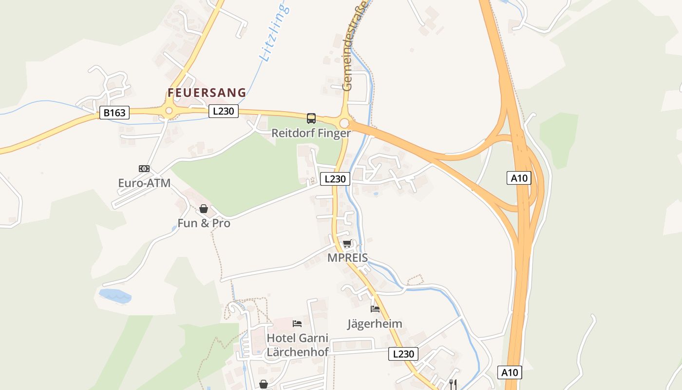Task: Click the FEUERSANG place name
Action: point(207,93)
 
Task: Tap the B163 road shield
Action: point(114,113)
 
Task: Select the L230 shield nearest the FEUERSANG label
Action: point(224,111)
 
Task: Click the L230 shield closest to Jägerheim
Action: point(403,354)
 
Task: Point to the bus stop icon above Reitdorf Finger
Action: point(311,118)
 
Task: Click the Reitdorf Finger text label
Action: point(311,133)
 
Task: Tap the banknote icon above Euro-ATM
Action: point(144,169)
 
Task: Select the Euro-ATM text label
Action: point(144,183)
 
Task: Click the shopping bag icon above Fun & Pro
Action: point(204,209)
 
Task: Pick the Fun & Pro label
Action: point(204,224)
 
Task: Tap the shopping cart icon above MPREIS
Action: point(347,244)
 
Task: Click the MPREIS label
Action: point(347,258)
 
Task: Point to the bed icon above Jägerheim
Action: point(375,309)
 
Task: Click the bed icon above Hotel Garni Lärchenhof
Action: point(297,324)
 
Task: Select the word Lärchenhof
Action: point(298,351)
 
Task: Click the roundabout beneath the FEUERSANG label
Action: point(169,111)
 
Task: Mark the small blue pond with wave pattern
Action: point(115,295)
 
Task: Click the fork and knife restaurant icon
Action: point(453,384)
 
